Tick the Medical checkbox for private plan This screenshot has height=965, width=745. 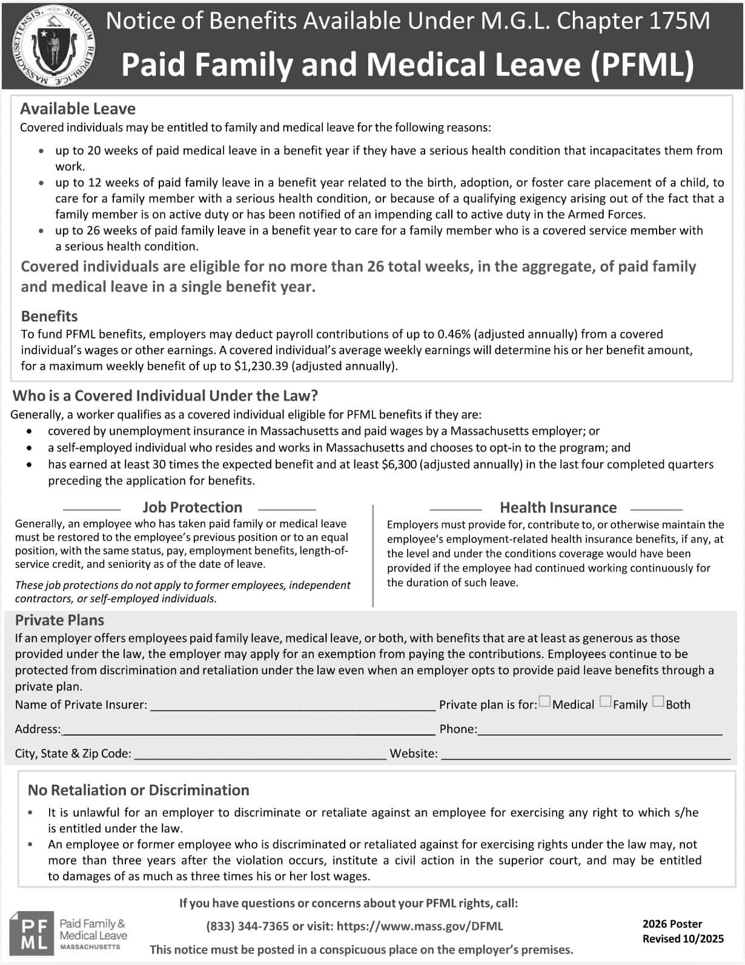545,702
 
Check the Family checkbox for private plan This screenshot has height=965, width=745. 605,702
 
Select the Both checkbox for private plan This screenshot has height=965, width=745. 658,702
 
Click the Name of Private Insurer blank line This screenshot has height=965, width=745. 293,706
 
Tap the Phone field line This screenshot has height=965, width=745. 600,731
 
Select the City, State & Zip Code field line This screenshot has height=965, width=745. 260,755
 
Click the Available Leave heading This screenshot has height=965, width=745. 78,109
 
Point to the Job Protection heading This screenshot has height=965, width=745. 192,507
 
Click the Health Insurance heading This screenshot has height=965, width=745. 558,508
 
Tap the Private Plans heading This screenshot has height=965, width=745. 59,621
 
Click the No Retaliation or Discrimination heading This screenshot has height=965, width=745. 138,791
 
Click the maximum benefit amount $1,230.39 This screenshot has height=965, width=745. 261,366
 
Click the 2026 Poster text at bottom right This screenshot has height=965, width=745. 672,924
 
